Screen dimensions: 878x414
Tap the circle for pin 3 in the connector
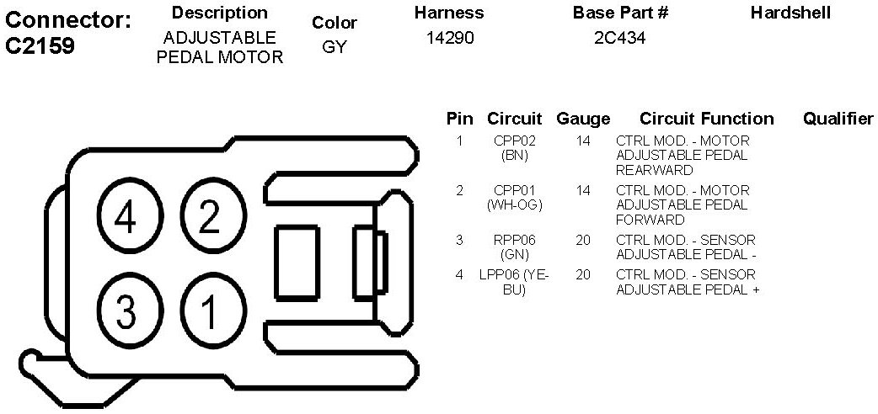point(126,312)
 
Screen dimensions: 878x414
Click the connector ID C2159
point(40,45)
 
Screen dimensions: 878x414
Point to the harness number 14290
point(448,38)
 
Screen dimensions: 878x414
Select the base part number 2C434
point(619,38)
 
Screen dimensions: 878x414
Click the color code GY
point(335,47)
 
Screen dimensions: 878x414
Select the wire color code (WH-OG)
point(514,204)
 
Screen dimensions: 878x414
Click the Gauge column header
point(583,119)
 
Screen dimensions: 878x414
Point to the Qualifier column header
point(838,119)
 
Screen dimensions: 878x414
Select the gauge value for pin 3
point(583,240)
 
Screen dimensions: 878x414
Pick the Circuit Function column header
point(706,119)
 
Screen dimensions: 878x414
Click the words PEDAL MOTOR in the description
point(220,57)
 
